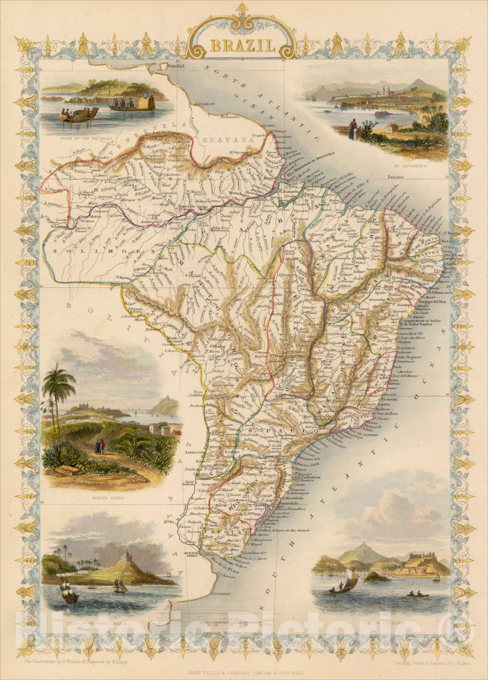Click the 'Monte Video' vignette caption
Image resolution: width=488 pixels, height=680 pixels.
(105, 497)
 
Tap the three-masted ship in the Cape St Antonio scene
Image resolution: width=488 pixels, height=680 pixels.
(70, 591)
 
